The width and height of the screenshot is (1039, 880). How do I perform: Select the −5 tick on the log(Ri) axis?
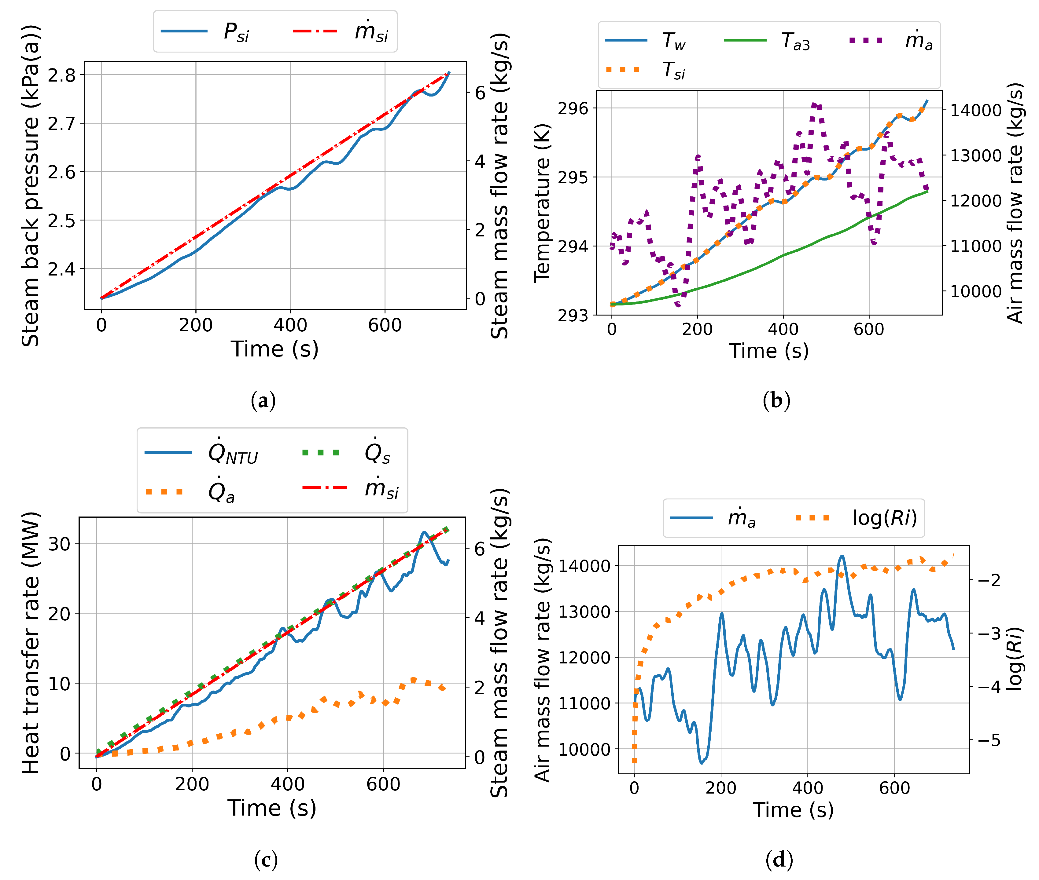[x=989, y=740]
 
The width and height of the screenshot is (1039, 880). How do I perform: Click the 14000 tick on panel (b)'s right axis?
[x=976, y=110]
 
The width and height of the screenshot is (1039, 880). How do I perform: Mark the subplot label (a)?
[x=263, y=400]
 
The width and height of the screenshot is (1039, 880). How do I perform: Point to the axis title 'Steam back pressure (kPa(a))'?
[x=30, y=186]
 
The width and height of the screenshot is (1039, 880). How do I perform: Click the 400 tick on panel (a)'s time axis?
[x=290, y=325]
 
